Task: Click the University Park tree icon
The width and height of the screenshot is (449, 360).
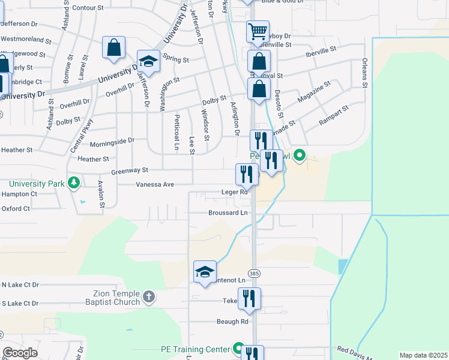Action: coord(74,182)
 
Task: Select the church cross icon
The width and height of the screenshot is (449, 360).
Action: coord(149,296)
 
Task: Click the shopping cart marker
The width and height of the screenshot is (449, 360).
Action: coord(258,31)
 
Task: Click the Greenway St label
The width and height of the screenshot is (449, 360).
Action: coord(129,170)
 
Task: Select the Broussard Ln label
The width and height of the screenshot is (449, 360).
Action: coord(228,213)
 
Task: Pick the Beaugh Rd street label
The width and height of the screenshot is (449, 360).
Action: coord(232,322)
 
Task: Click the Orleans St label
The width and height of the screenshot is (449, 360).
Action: coord(364,71)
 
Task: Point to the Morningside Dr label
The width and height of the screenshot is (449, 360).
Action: coord(112,145)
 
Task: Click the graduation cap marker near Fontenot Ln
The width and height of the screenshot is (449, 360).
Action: coord(205,271)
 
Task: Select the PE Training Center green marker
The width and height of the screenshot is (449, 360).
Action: coord(239,349)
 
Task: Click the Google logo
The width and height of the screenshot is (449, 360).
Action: coord(20,353)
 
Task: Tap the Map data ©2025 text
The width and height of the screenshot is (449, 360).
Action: coord(423,355)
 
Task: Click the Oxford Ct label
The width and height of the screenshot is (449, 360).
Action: coord(16,209)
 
